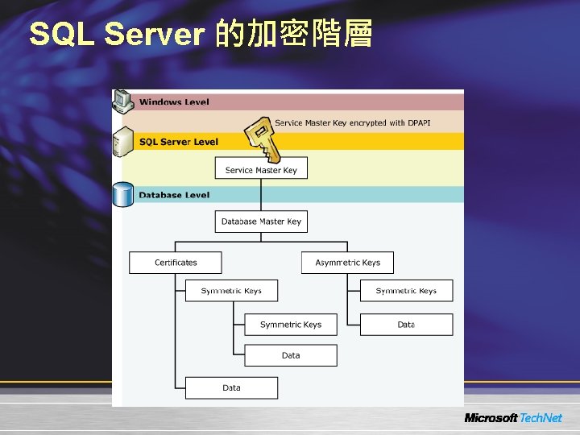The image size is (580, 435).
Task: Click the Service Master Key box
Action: (x=261, y=169)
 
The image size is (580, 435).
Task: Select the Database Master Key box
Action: (x=261, y=222)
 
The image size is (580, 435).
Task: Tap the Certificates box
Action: (x=176, y=263)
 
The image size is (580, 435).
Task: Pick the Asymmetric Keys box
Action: (x=347, y=263)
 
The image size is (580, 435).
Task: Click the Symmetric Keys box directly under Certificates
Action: (x=231, y=291)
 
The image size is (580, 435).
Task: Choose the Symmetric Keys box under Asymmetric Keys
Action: (x=406, y=291)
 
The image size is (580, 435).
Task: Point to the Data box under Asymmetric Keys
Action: (x=406, y=325)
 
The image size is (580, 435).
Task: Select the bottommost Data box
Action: (x=231, y=387)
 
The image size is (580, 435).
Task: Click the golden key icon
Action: (x=263, y=140)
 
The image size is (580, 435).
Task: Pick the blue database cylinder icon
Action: (x=123, y=194)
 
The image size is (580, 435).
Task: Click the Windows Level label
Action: (x=174, y=102)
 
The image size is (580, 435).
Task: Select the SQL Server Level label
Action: (x=178, y=142)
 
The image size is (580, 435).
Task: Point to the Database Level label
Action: (x=174, y=195)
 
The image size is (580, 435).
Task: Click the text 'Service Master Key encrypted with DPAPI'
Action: (x=352, y=123)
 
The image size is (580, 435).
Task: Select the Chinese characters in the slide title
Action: (x=294, y=34)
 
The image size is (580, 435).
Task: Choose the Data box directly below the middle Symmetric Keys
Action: (x=291, y=355)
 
